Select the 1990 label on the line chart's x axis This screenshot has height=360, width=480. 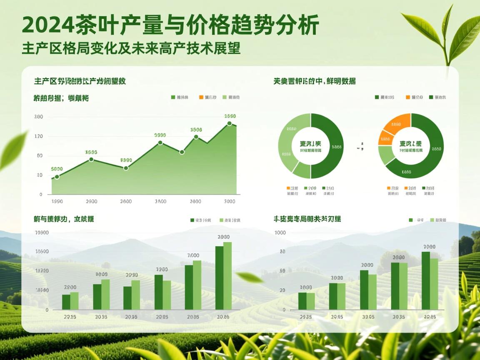pyautogui.click(x=57, y=201)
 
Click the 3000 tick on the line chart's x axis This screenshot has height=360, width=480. pyautogui.click(x=229, y=201)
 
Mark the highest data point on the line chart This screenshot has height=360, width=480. pyautogui.click(x=229, y=123)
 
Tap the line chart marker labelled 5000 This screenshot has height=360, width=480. pyautogui.click(x=57, y=177)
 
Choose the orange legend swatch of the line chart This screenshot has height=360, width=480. pyautogui.click(x=201, y=97)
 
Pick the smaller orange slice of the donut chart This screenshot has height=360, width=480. pyautogui.click(x=385, y=138)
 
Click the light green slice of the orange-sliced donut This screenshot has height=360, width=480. pyautogui.click(x=387, y=155)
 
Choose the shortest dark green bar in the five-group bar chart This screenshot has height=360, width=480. pyautogui.click(x=302, y=301)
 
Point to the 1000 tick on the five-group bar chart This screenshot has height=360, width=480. pyautogui.click(x=280, y=232)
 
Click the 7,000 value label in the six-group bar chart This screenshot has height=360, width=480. pyautogui.click(x=193, y=255)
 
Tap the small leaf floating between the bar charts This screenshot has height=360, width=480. pyautogui.click(x=249, y=277)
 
